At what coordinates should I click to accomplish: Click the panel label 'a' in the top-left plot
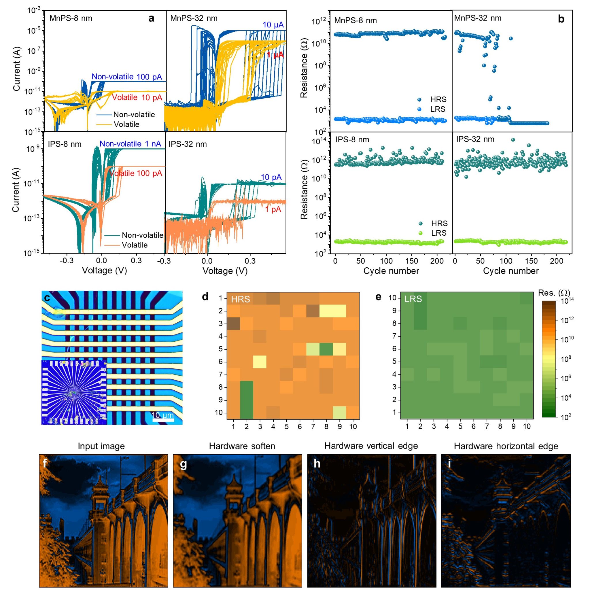[151, 18]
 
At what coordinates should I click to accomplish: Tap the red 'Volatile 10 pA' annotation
[137, 98]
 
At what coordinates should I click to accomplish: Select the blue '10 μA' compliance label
[273, 25]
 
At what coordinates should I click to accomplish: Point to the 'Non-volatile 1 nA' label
[130, 144]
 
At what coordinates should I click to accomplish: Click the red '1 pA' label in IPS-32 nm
[273, 209]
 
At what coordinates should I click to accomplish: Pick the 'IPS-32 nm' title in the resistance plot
[475, 139]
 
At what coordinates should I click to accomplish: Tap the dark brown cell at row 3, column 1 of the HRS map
[233, 324]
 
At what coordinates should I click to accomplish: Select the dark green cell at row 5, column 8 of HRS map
[326, 349]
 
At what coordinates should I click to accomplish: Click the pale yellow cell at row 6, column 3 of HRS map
[260, 362]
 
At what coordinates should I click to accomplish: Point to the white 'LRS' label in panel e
[413, 299]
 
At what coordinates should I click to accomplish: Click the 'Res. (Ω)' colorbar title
[554, 293]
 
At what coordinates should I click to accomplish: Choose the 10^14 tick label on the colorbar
[568, 301]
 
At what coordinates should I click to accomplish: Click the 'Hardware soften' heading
[242, 446]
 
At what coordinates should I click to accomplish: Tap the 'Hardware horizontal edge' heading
[506, 446]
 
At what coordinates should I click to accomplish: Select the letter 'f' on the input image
[45, 464]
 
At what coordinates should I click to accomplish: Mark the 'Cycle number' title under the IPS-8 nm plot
[391, 271]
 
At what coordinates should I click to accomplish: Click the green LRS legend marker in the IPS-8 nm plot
[421, 233]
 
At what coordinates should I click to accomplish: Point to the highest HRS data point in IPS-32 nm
[513, 139]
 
